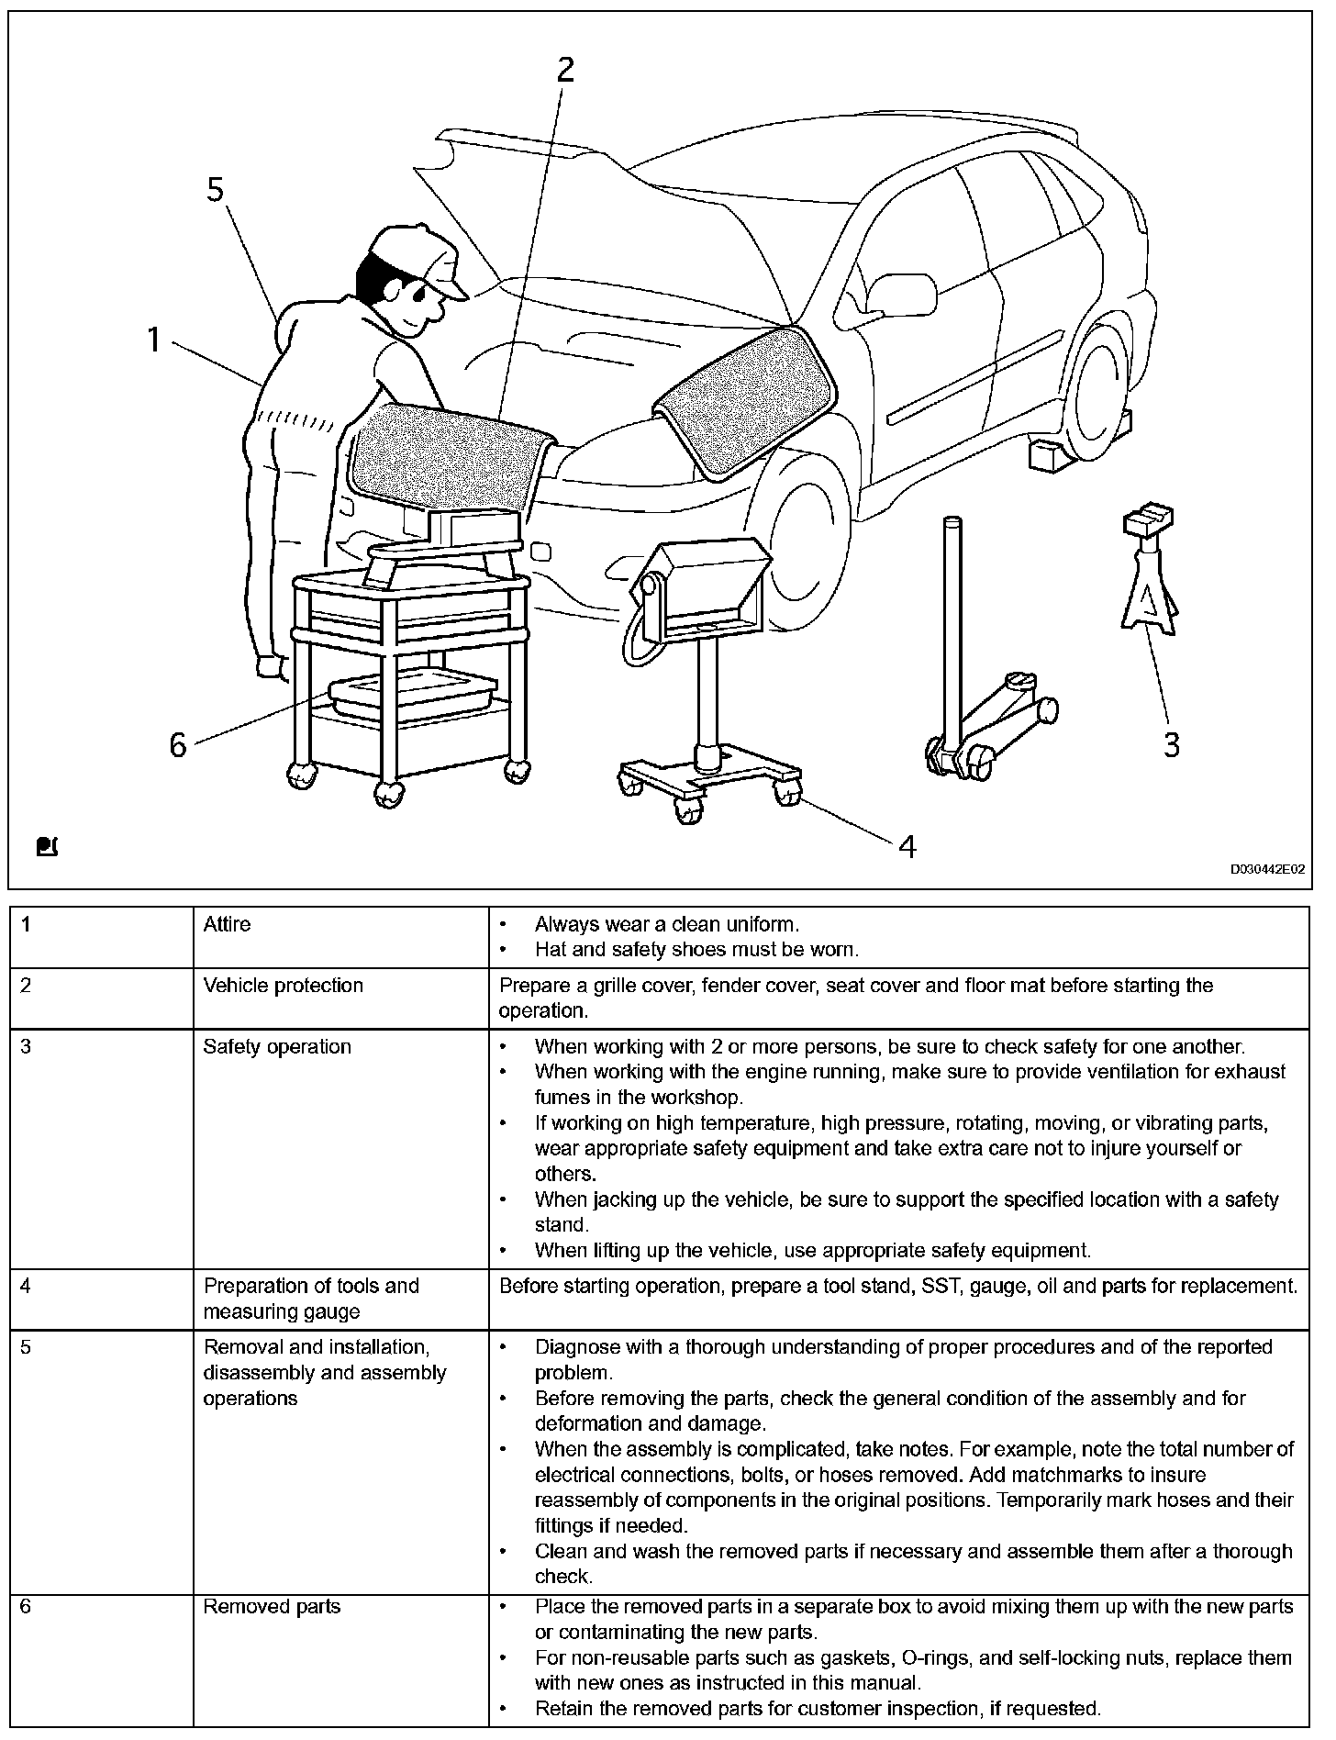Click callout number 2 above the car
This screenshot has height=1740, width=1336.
(565, 69)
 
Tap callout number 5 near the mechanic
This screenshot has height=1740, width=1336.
(215, 189)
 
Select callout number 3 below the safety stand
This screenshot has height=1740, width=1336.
(1171, 744)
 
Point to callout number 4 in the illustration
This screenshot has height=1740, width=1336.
(907, 846)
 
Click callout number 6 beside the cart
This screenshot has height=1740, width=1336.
(178, 745)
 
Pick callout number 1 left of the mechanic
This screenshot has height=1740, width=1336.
(154, 340)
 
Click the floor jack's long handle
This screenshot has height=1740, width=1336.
(952, 624)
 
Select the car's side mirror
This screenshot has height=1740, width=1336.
(900, 295)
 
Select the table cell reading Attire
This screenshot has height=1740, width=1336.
(227, 924)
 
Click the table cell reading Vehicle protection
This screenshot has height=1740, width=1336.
(283, 986)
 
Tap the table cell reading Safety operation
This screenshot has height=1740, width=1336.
(276, 1047)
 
